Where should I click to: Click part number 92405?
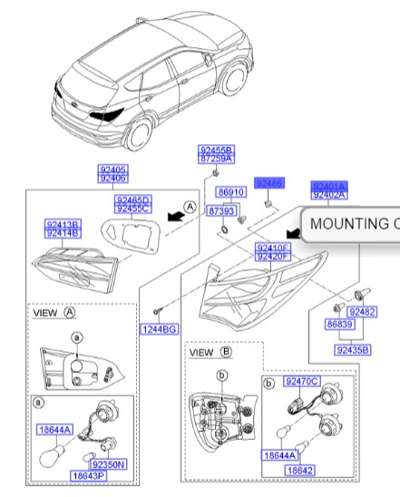(113, 169)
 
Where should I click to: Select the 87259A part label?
(217, 158)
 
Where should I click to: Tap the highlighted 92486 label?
(269, 183)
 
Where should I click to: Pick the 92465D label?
(133, 200)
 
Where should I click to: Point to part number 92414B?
(63, 232)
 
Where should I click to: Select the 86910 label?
(231, 193)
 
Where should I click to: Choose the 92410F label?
(272, 248)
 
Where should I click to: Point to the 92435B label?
(352, 347)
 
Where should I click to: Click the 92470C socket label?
(300, 382)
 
